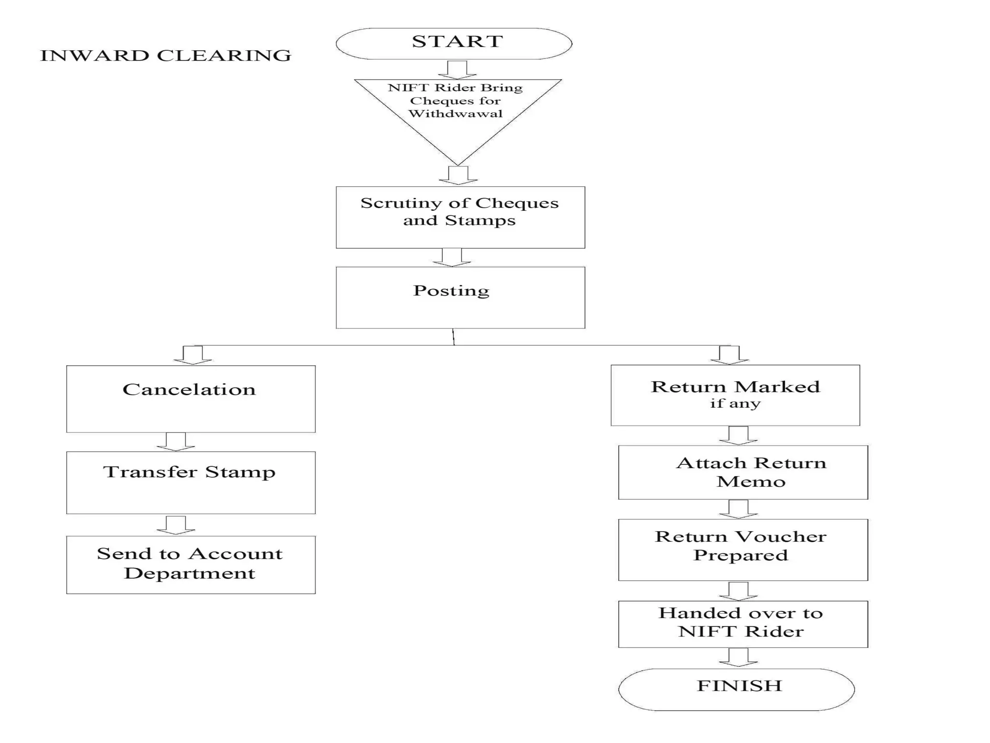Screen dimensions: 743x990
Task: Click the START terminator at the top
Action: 454,44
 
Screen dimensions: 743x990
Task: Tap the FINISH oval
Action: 736,689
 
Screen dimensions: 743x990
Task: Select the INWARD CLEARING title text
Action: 165,56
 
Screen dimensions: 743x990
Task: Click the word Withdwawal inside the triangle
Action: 455,114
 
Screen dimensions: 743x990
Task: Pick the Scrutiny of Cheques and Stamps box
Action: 460,217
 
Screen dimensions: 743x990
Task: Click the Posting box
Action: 460,297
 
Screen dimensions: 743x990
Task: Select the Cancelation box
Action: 190,399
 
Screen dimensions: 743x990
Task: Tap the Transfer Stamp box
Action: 190,482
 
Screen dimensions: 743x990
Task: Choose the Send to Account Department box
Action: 190,565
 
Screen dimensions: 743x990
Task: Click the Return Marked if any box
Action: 735,395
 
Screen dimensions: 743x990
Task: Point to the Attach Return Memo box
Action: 742,472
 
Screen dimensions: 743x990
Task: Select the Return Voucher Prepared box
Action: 742,550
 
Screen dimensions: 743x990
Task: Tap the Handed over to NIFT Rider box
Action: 742,624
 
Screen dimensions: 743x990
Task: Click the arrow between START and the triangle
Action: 457,70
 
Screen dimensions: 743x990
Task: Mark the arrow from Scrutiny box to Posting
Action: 451,257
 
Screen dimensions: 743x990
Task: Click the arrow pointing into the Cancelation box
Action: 192,355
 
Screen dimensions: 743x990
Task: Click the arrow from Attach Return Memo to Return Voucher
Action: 738,509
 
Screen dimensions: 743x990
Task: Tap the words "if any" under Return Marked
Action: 735,403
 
